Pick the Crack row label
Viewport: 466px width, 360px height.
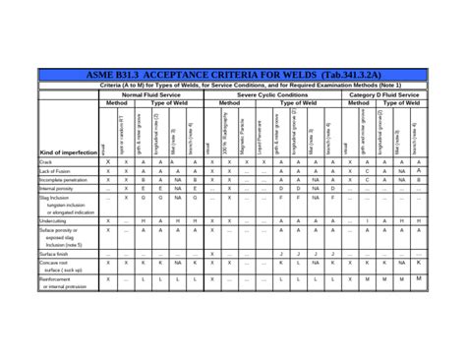(45, 162)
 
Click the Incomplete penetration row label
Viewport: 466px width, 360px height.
(64, 181)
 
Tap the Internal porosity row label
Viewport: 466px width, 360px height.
(57, 190)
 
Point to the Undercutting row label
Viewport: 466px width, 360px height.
(53, 221)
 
